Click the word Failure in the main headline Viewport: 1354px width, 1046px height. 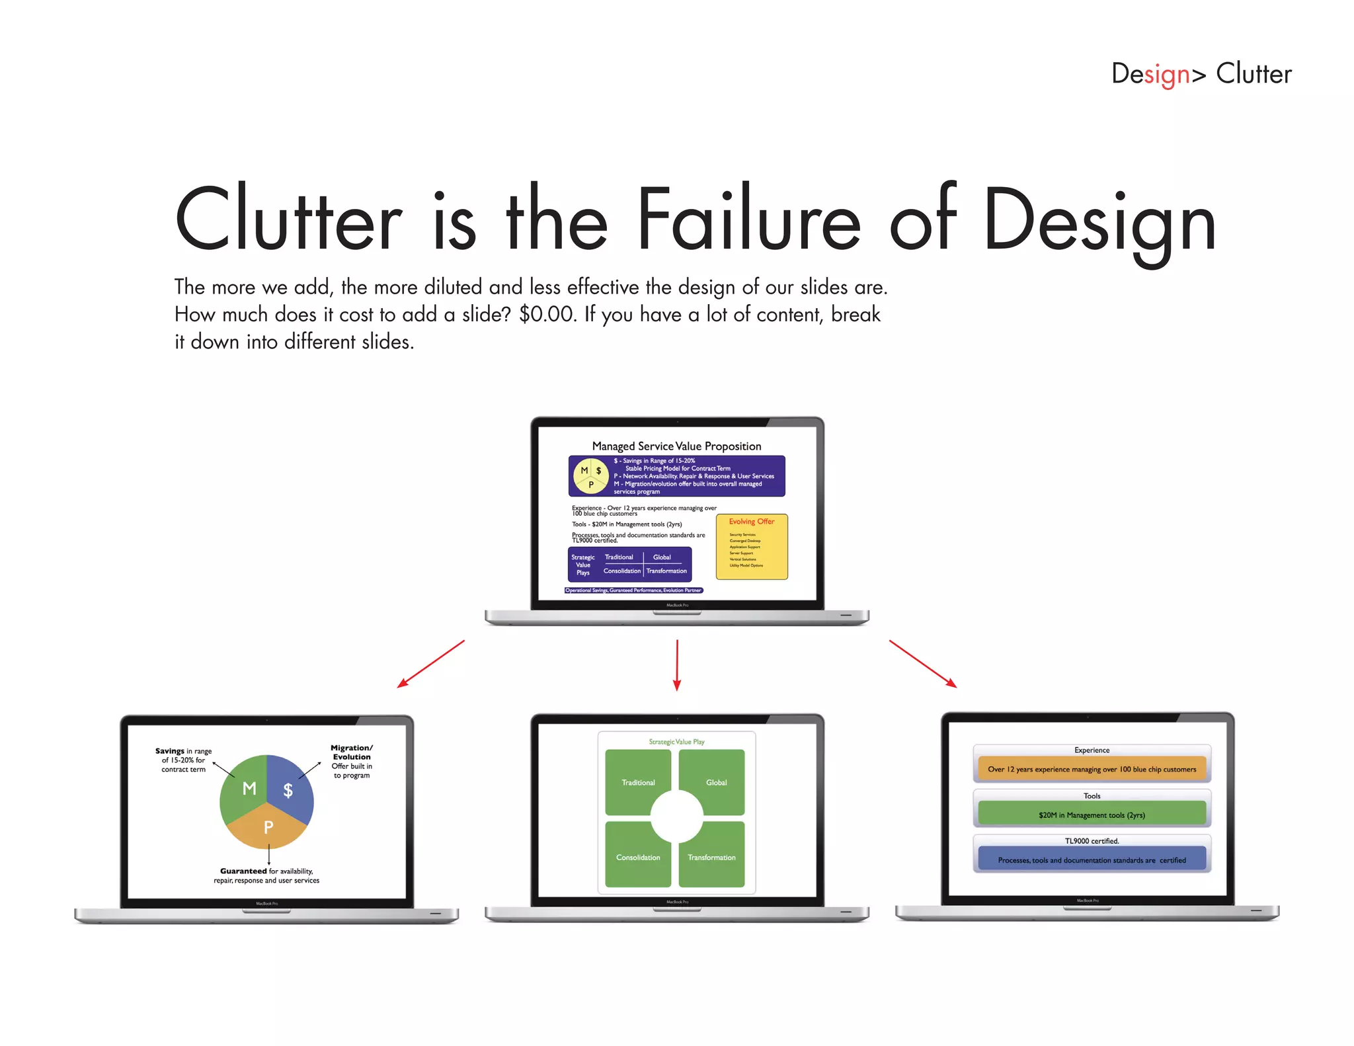coord(748,220)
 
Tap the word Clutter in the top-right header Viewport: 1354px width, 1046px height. coord(1254,73)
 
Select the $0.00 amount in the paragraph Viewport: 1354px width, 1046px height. coord(547,314)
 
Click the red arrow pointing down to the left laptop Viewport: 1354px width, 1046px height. coord(430,664)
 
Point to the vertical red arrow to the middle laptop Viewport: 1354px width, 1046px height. coord(677,664)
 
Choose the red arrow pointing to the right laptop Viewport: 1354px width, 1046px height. coord(923,664)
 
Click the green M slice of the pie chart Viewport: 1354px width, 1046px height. coord(245,787)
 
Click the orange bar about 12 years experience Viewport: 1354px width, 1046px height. coord(1092,769)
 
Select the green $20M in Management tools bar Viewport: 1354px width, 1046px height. coord(1092,814)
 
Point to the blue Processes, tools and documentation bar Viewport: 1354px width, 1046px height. coord(1092,860)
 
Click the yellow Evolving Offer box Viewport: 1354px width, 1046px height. coord(752,547)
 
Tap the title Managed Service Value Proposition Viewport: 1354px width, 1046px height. coord(676,446)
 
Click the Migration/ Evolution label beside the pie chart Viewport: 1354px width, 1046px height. coord(352,752)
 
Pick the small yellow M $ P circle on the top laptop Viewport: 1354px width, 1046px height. coord(590,476)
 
